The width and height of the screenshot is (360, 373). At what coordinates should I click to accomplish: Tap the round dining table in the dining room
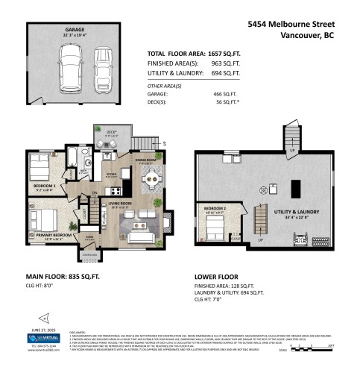click(x=150, y=178)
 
